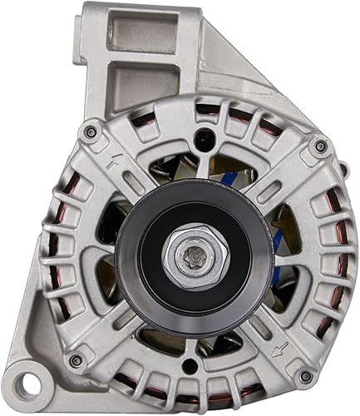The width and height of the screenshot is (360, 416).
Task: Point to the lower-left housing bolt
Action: point(77,359)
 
